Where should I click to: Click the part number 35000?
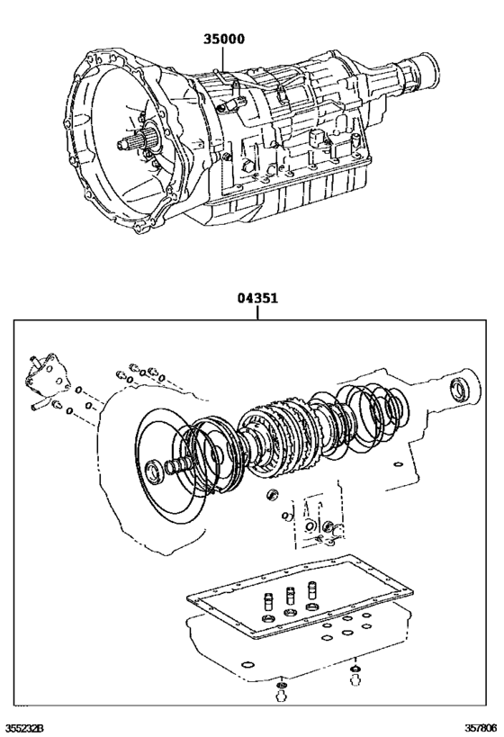click(222, 40)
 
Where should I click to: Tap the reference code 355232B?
click(24, 726)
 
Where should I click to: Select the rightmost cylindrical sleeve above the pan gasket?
click(312, 594)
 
